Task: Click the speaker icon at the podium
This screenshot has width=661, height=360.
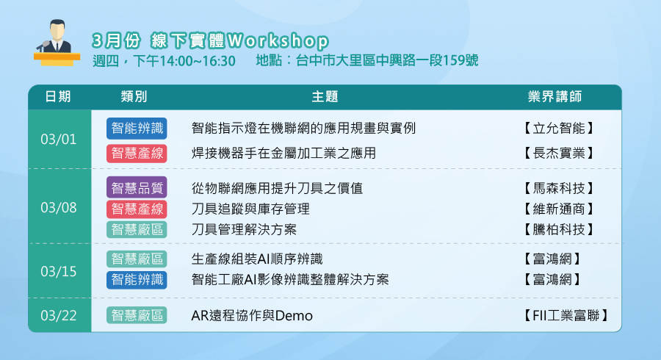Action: point(57,43)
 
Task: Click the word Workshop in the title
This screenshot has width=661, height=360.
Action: point(278,41)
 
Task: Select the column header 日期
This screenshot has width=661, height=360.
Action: point(58,96)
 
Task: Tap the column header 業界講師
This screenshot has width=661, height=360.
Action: point(555,96)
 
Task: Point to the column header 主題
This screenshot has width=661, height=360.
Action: point(325,96)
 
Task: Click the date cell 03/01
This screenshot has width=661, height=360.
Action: point(59,139)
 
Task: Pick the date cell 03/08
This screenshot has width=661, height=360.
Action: point(59,207)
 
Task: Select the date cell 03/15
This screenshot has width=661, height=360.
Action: point(59,272)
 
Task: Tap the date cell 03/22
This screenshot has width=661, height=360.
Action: point(59,315)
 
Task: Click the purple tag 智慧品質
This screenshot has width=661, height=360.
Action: point(137,187)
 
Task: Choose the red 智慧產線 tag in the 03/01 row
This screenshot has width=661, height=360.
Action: point(137,154)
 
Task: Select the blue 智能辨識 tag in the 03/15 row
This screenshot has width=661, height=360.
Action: point(137,280)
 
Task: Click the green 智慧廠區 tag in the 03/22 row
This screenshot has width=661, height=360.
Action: point(137,315)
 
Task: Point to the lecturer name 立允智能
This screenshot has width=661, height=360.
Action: point(559,128)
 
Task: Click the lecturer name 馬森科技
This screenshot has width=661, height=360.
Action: point(559,188)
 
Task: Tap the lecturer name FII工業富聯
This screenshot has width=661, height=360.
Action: point(566,315)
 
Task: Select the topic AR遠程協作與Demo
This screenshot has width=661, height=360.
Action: point(252,315)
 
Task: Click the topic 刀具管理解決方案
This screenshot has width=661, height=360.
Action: point(244,230)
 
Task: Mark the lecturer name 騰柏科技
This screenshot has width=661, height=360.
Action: point(559,230)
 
